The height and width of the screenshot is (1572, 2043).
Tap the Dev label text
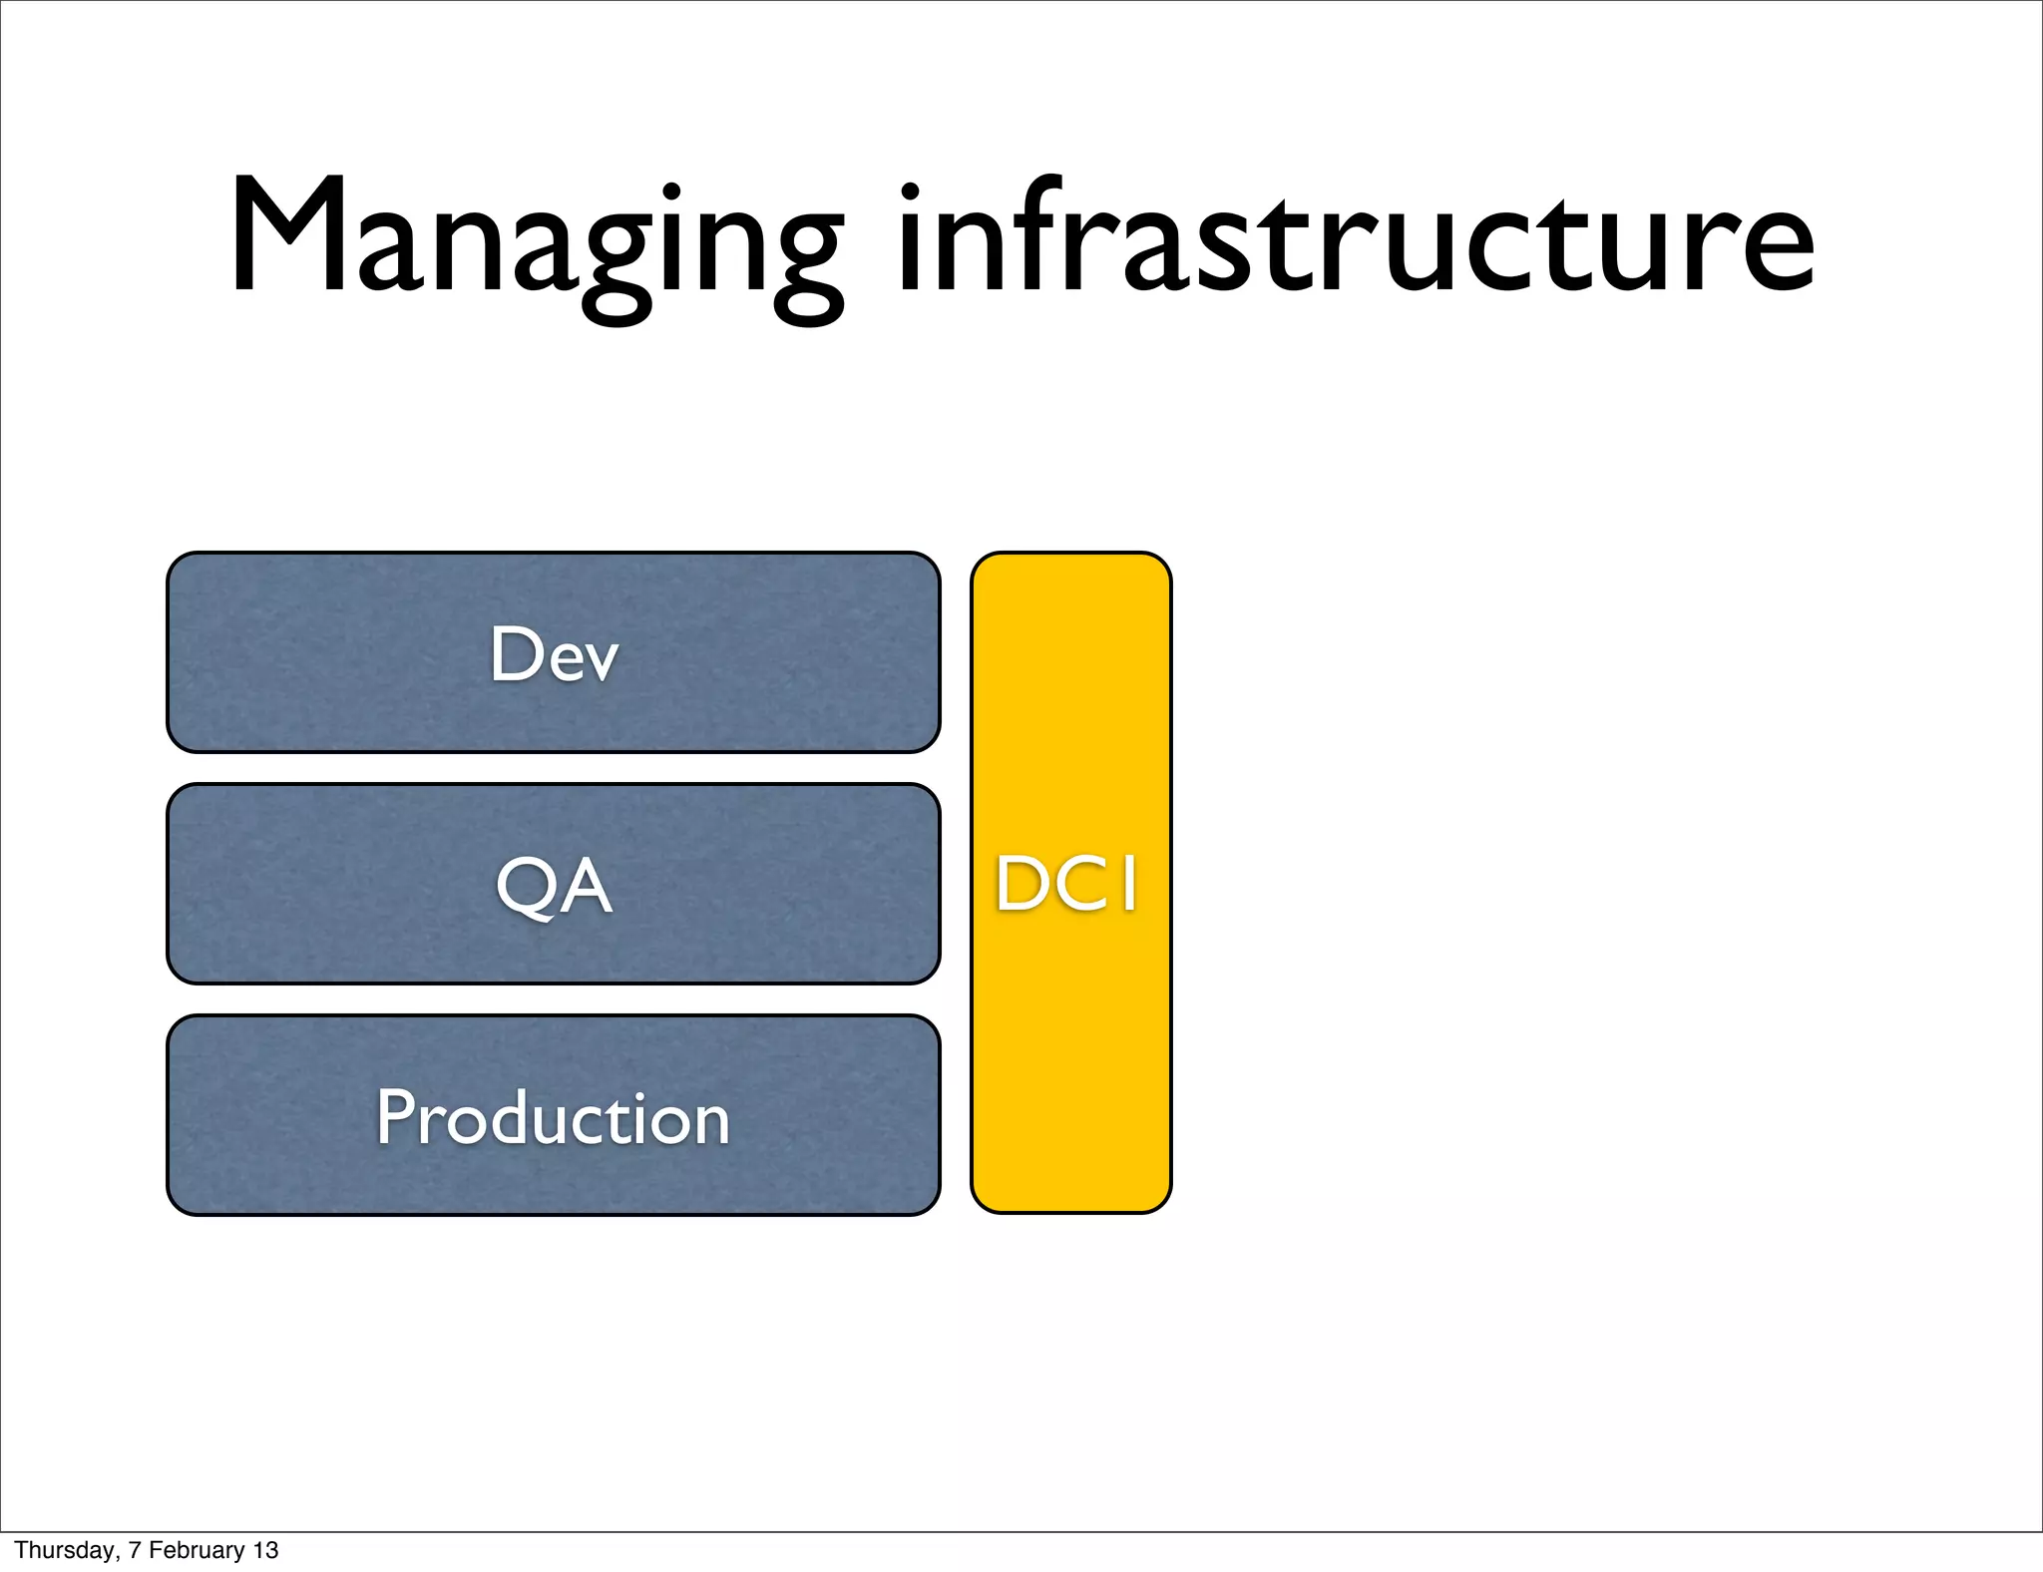pyautogui.click(x=554, y=655)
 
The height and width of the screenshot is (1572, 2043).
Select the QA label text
pyautogui.click(x=554, y=887)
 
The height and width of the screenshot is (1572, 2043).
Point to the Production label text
pyautogui.click(x=554, y=1118)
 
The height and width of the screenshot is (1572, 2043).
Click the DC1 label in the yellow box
pyautogui.click(x=1068, y=885)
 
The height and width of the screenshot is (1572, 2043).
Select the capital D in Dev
pyautogui.click(x=514, y=654)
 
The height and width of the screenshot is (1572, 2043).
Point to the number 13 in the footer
pyautogui.click(x=265, y=1550)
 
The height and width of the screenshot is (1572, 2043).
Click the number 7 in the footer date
pyautogui.click(x=134, y=1550)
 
